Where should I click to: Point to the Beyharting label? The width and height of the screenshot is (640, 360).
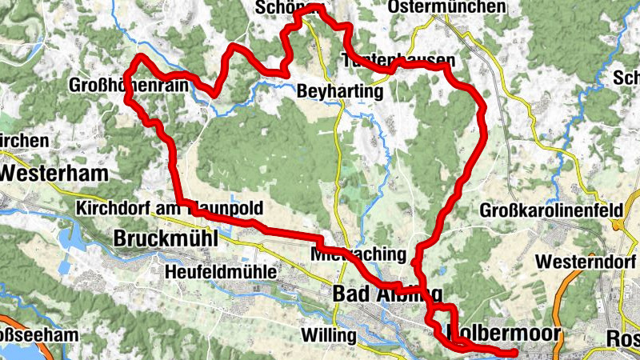point(340,92)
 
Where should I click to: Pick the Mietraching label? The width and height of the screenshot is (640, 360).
point(358,254)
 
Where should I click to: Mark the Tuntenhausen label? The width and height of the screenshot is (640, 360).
point(398,61)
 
